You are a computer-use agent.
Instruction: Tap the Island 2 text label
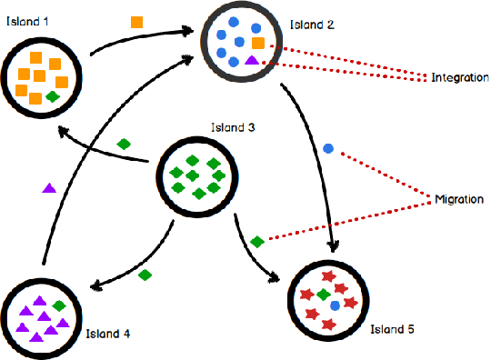(x=310, y=25)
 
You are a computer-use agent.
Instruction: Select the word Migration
(x=459, y=199)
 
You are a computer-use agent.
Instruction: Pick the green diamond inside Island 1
(x=54, y=95)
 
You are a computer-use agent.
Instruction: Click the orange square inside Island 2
(x=258, y=44)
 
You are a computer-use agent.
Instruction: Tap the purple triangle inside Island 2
(x=252, y=60)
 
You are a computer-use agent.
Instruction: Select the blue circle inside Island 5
(x=336, y=305)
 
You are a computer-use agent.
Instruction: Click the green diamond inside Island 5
(x=322, y=295)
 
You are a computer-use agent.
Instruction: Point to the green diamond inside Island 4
(x=60, y=306)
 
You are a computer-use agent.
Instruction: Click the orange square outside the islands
(x=136, y=22)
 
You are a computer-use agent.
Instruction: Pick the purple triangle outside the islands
(x=49, y=188)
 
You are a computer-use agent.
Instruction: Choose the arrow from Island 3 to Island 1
(x=100, y=150)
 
